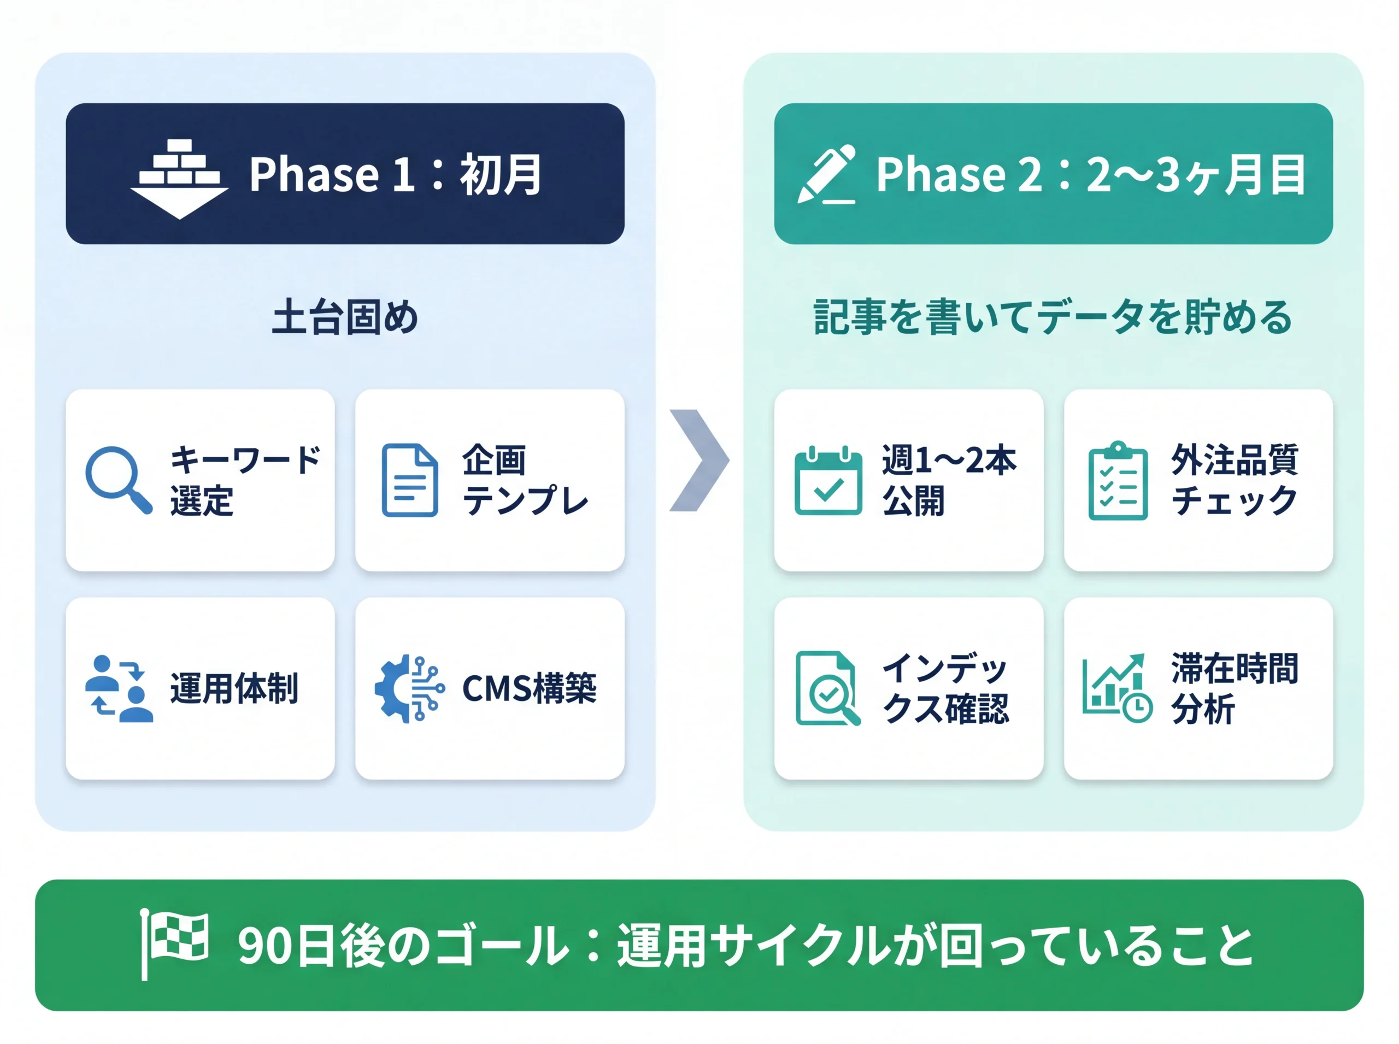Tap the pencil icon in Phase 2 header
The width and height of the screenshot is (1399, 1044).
826,174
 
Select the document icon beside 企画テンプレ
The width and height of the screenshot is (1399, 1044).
410,480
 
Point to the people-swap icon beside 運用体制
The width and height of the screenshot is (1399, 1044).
119,688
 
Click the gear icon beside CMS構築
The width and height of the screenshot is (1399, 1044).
409,688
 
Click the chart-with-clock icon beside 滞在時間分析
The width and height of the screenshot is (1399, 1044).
1117,688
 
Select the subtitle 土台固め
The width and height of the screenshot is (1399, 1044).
345,317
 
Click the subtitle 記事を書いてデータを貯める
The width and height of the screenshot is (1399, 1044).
1053,317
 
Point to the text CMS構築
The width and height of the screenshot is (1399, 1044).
529,688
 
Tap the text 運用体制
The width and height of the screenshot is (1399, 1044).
234,688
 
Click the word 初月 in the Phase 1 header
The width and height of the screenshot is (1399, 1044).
500,174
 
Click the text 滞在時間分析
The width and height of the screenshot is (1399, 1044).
1234,688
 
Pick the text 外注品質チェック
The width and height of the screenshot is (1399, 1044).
1234,480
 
